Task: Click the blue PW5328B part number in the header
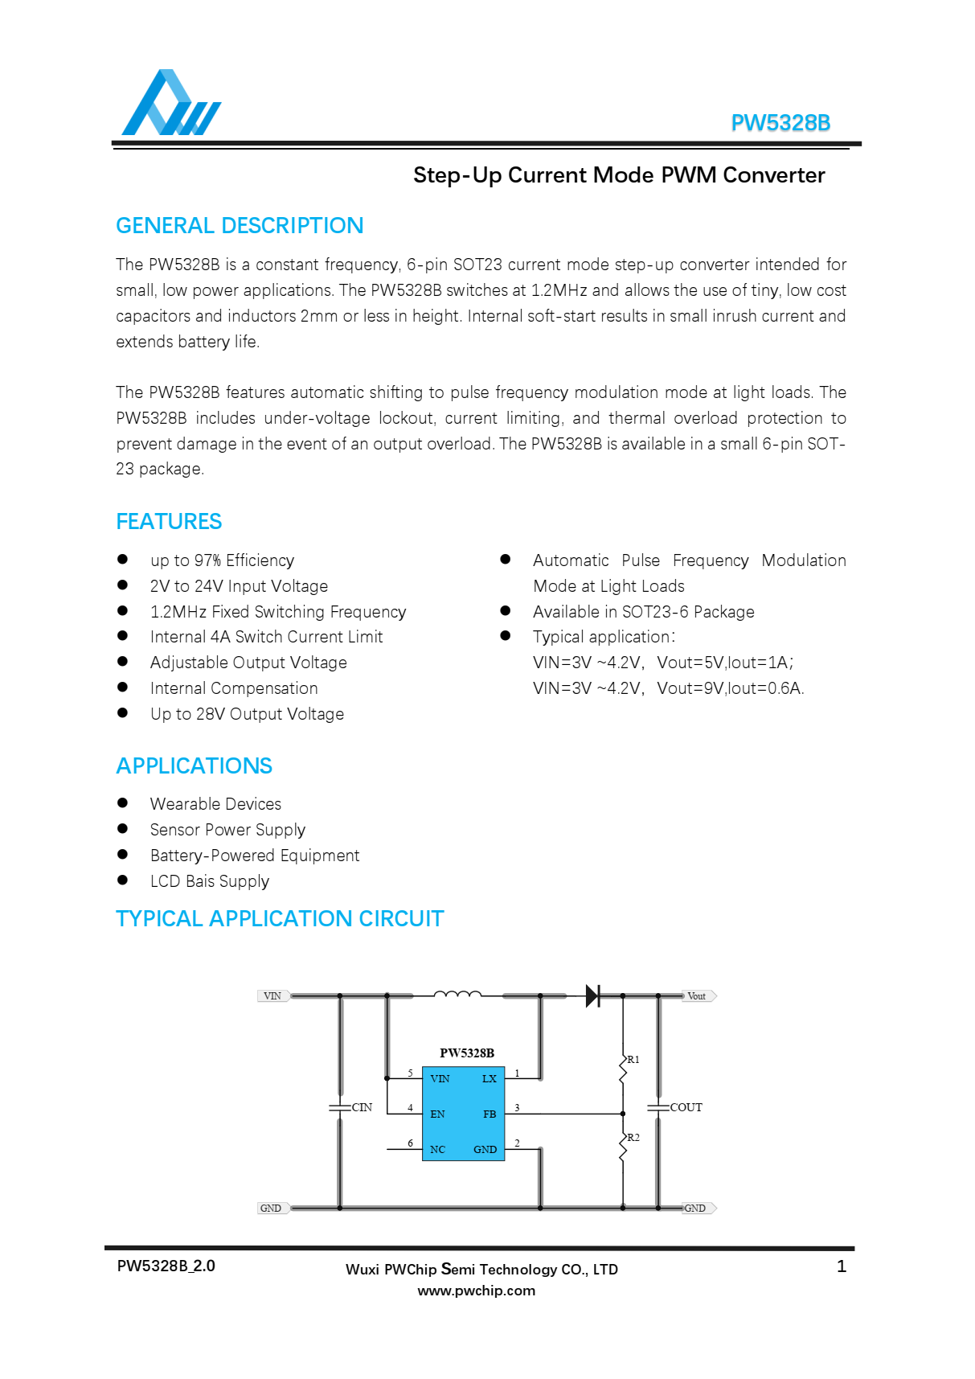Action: pyautogui.click(x=780, y=123)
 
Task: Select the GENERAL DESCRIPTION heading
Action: pyautogui.click(x=240, y=226)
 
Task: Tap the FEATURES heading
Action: pyautogui.click(x=169, y=522)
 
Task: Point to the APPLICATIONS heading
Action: pyautogui.click(x=194, y=766)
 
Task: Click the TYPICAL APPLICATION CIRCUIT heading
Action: pyautogui.click(x=280, y=919)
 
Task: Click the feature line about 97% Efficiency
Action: pyautogui.click(x=222, y=560)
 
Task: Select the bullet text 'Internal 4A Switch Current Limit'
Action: pyautogui.click(x=266, y=637)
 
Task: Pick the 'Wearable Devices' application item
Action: pyautogui.click(x=215, y=804)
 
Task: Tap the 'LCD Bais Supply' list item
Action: pyautogui.click(x=209, y=881)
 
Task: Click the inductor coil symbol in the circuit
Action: pyautogui.click(x=457, y=995)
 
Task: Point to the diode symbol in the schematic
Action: pyautogui.click(x=593, y=995)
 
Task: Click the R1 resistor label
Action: pyautogui.click(x=633, y=1060)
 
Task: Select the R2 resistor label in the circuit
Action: pyautogui.click(x=633, y=1138)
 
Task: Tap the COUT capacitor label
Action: pyautogui.click(x=686, y=1108)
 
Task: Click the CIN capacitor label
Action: pyautogui.click(x=362, y=1108)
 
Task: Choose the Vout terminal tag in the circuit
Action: pyautogui.click(x=697, y=996)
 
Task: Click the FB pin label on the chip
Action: pyautogui.click(x=490, y=1114)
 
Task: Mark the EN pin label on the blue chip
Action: pyautogui.click(x=437, y=1114)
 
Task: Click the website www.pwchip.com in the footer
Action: pyautogui.click(x=476, y=1291)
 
